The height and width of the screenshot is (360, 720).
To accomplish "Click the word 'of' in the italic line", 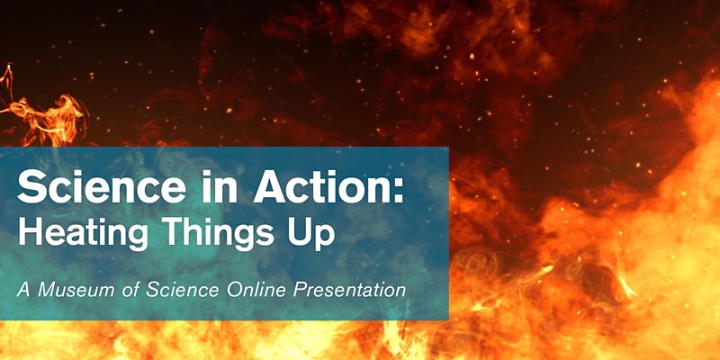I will (121, 291).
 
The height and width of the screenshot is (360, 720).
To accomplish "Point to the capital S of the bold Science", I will (29, 188).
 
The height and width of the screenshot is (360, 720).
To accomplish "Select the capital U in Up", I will (301, 233).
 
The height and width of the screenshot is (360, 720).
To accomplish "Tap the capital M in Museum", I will (44, 291).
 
